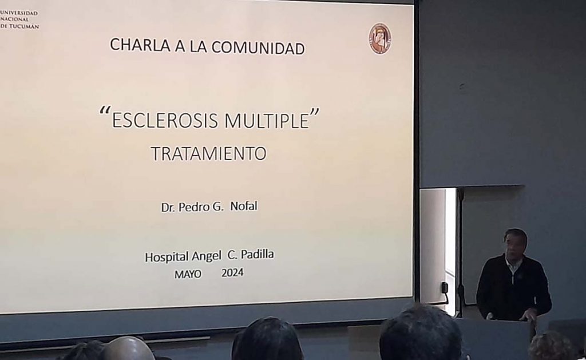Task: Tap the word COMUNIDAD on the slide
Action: point(258,48)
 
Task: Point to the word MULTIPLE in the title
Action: point(267,120)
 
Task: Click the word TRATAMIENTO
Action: point(208,153)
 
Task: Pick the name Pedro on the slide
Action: point(193,207)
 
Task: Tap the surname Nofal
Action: point(244,206)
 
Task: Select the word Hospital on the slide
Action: point(167,257)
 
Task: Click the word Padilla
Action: point(257,254)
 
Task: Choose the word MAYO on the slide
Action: point(188,274)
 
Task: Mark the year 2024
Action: point(232,273)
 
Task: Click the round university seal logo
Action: point(380,38)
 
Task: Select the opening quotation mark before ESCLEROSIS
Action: point(105,111)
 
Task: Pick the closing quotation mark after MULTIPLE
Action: point(315,112)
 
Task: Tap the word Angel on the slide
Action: point(206,256)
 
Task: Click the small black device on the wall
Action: point(445,287)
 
